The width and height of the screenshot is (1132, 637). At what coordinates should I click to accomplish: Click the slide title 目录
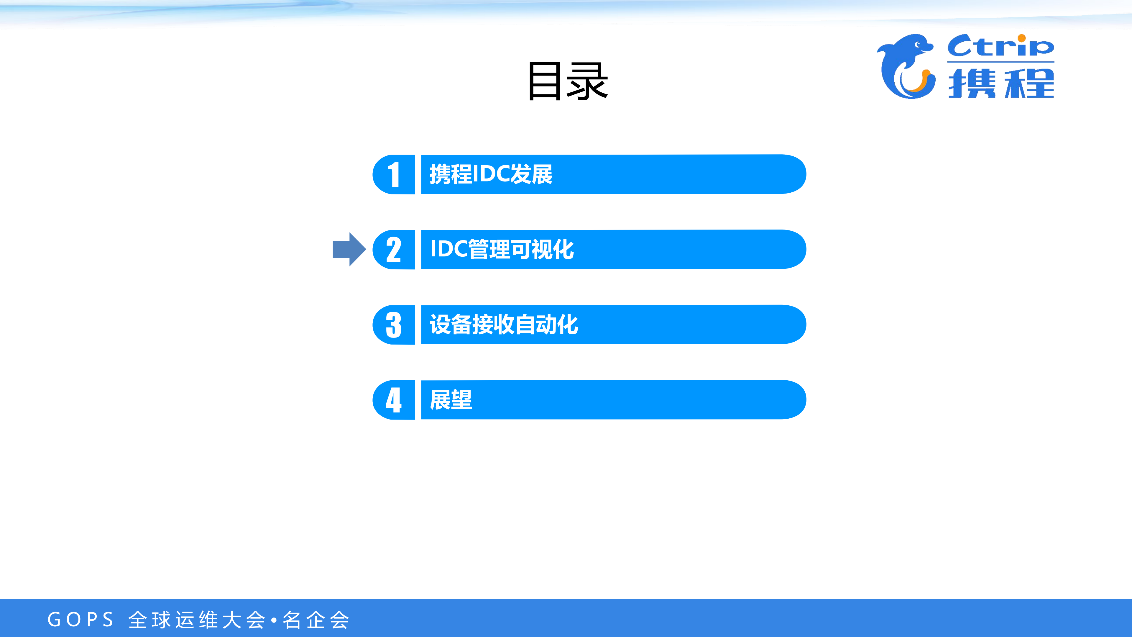coord(568,81)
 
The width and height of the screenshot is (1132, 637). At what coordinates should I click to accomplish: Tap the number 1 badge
coord(394,175)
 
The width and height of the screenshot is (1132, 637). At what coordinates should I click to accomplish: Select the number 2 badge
coord(394,250)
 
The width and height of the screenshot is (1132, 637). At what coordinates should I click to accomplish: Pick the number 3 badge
coord(394,325)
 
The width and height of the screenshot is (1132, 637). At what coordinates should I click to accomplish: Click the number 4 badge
coord(394,400)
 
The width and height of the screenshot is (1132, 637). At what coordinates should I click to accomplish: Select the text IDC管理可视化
coord(502,249)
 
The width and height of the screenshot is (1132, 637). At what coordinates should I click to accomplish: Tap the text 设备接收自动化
coord(504,325)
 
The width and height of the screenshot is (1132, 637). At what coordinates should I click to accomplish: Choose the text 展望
coord(451,399)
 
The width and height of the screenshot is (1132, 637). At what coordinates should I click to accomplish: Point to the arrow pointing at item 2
coord(349,249)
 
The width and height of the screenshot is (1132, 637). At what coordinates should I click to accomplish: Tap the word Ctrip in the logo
coord(1000,46)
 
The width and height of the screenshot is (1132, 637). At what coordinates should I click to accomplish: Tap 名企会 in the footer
coord(316,620)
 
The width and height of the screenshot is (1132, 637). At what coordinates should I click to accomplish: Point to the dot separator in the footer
coord(274,620)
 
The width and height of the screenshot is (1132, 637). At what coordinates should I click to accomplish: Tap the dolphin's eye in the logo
coord(918,44)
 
